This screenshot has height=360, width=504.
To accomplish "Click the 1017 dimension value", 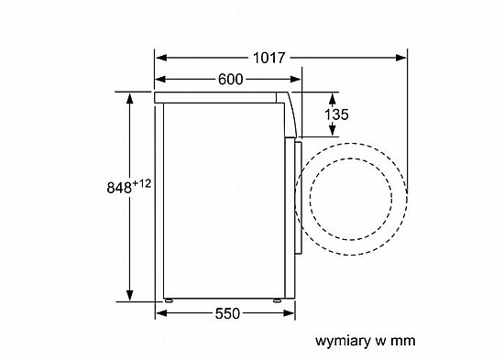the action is click(269, 58).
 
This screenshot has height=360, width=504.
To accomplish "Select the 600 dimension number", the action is click(231, 80).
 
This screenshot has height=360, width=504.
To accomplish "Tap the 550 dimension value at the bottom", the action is click(227, 313).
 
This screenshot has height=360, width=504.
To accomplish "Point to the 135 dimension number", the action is click(336, 115).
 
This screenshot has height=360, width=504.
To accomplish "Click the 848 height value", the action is click(119, 188).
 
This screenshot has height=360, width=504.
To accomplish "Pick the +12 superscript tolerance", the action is click(141, 183).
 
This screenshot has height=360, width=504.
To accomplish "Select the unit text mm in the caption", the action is click(403, 341).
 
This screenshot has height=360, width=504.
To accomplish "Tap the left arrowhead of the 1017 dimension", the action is click(161, 58).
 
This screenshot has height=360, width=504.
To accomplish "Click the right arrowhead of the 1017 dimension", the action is click(400, 58).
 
